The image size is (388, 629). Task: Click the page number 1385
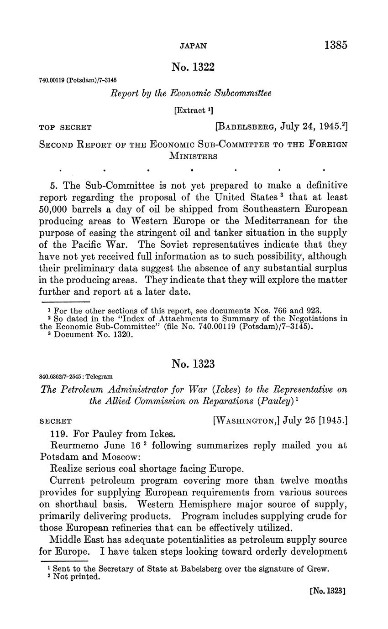click(x=336, y=45)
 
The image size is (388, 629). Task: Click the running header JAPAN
click(x=193, y=46)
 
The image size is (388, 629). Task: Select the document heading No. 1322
click(x=193, y=68)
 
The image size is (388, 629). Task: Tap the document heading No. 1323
click(x=193, y=364)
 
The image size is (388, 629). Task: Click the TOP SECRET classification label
click(x=66, y=128)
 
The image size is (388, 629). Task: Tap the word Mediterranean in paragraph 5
click(x=279, y=221)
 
